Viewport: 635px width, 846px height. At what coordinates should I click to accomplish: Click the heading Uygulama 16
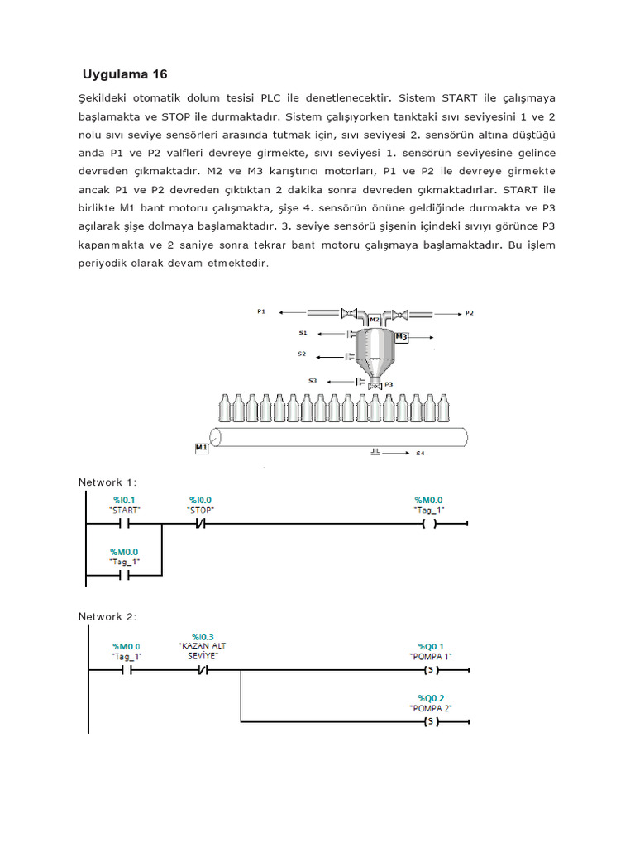pos(125,74)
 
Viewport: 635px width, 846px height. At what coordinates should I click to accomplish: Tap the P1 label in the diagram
pos(261,312)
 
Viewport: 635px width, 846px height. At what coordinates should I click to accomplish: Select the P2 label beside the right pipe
pos(469,313)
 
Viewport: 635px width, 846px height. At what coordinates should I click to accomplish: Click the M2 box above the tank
pos(374,319)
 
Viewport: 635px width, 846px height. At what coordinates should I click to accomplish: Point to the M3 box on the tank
pos(401,337)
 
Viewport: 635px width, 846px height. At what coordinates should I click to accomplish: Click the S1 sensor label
pos(303,333)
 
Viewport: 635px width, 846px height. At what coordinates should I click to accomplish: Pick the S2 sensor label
pos(302,354)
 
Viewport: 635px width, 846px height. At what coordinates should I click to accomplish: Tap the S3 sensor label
pos(312,380)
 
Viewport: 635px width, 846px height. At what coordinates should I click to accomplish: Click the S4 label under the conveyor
pos(420,453)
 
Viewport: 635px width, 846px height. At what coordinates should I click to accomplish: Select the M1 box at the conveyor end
pos(201,447)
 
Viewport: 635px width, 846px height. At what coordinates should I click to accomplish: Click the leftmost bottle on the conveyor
pos(224,408)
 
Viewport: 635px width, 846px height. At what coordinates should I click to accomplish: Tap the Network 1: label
pos(107,482)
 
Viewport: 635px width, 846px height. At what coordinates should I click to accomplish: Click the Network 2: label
pos(107,616)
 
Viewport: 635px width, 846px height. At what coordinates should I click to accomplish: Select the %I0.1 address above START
pos(125,500)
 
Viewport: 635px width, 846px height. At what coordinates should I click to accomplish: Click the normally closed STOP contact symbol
pos(199,525)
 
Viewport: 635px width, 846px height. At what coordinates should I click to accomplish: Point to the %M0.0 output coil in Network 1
pos(428,525)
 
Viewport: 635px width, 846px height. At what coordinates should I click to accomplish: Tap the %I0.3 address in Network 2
pos(203,634)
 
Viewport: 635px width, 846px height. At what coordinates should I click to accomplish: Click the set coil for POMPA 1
pos(428,670)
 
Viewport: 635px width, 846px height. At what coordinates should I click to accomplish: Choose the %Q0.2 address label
pos(431,697)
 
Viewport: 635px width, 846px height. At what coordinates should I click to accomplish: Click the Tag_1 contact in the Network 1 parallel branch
pos(124,575)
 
